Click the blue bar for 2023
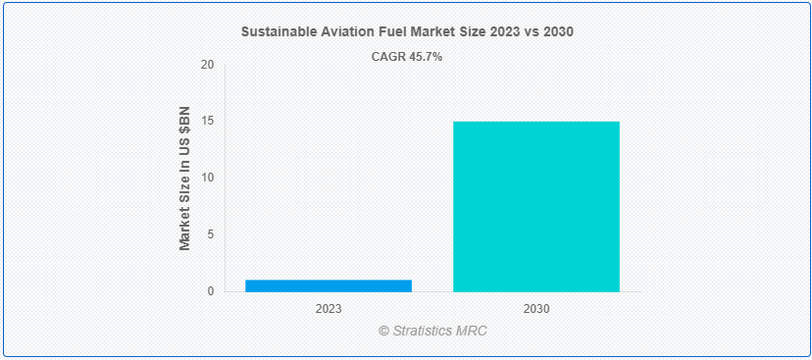pos(329,285)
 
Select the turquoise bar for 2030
pos(536,206)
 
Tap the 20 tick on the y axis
pos(207,65)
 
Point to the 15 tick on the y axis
pos(207,122)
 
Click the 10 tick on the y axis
pos(207,178)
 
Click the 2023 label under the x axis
pos(329,308)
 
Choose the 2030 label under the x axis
pos(536,308)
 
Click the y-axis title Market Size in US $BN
pos(184,179)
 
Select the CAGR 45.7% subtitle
pos(406,57)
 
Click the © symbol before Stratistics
pos(384,331)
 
